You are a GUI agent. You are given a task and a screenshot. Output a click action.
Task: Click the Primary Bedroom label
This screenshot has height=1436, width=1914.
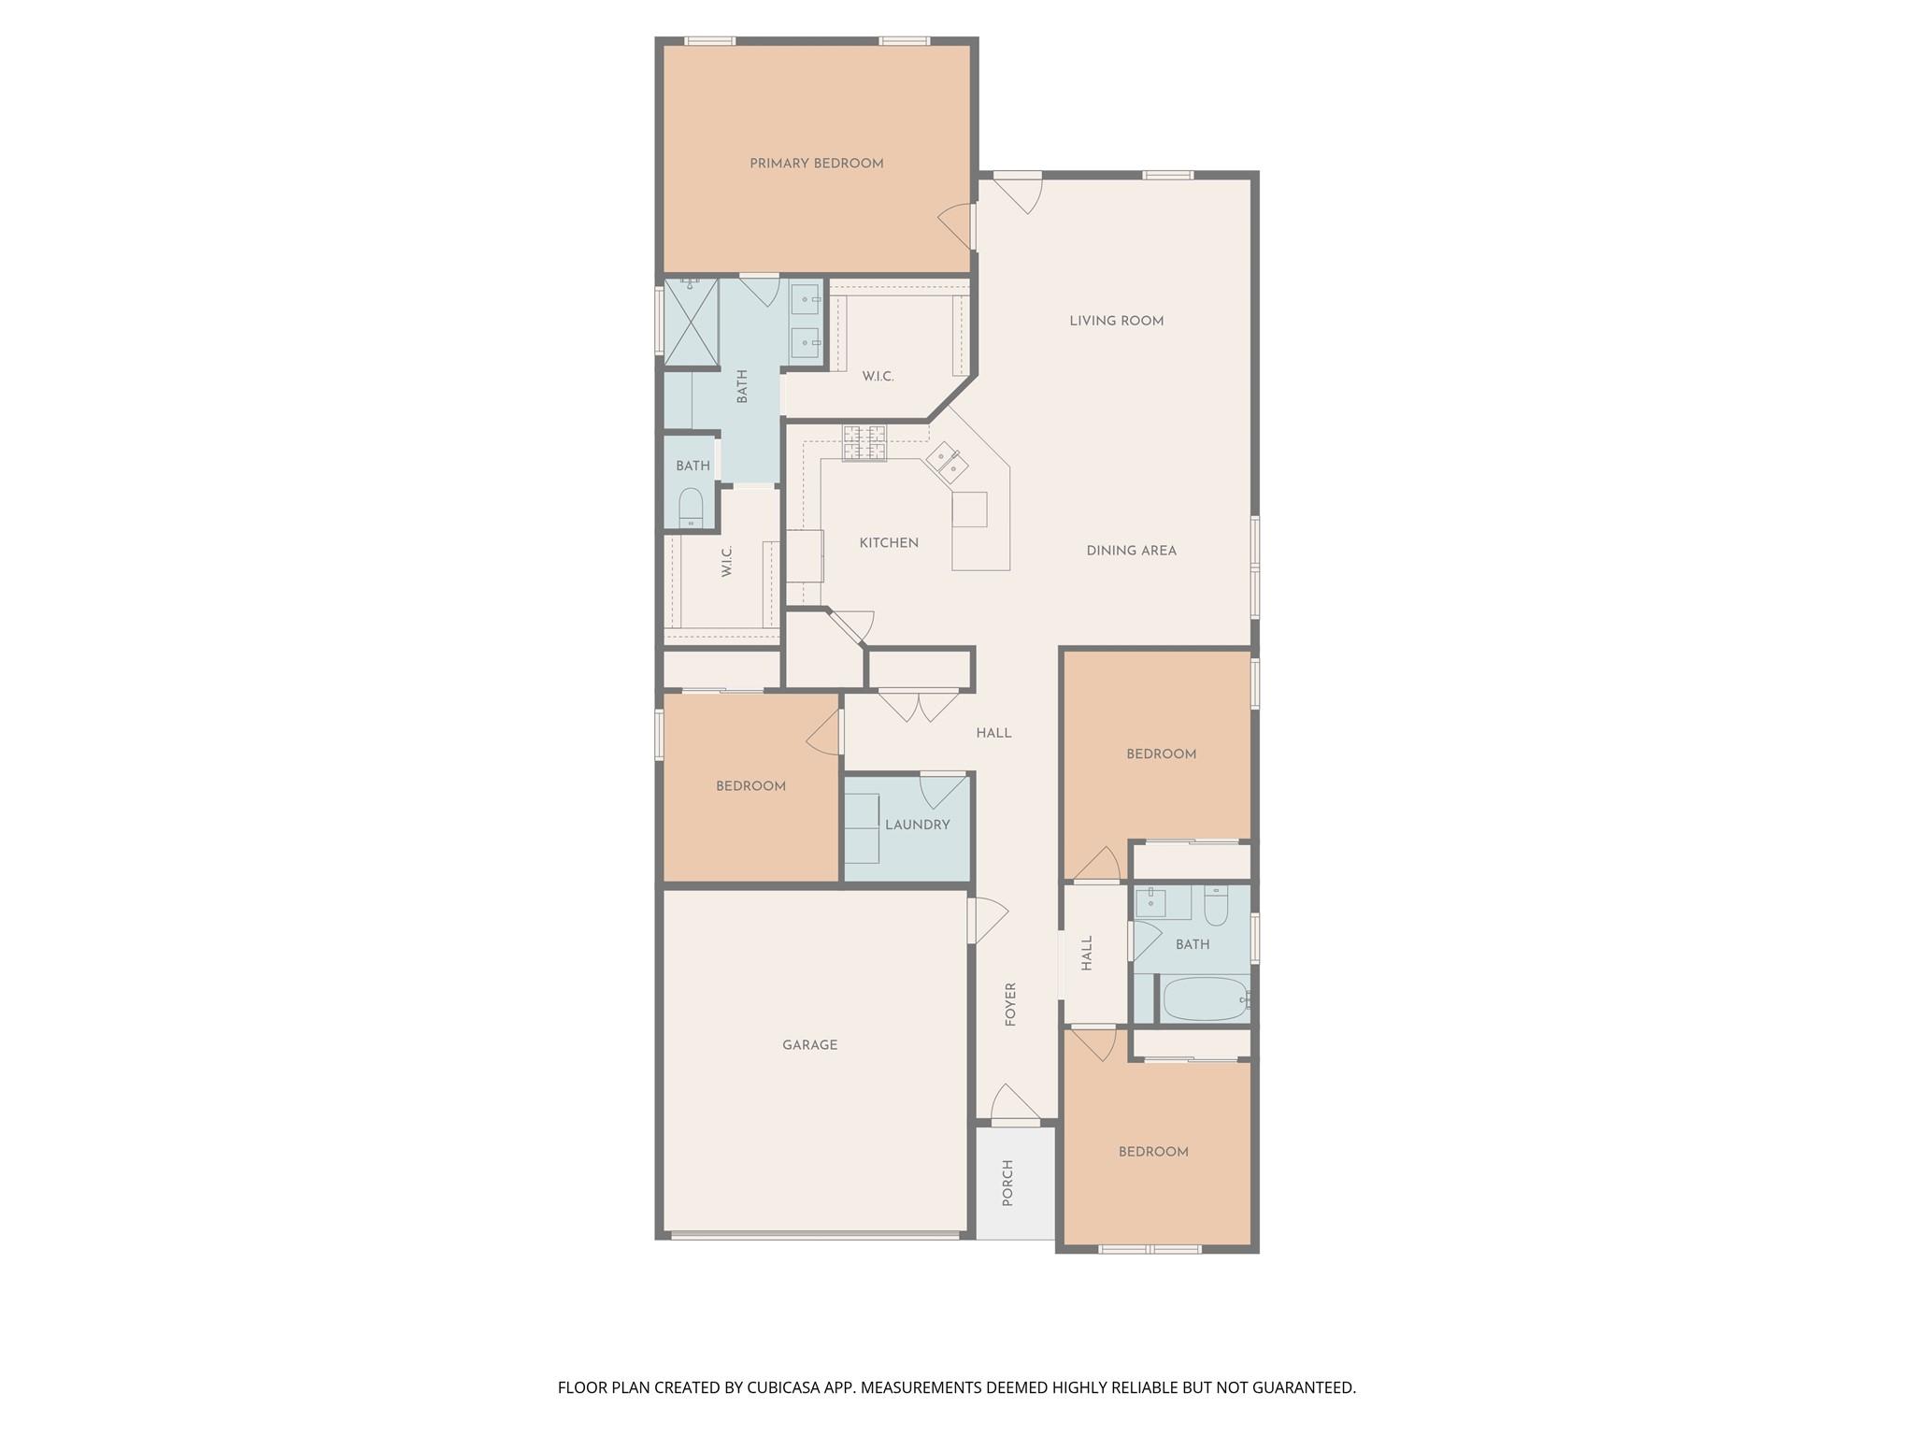pos(816,164)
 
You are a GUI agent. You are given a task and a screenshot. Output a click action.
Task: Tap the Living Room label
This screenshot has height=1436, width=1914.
pos(1117,321)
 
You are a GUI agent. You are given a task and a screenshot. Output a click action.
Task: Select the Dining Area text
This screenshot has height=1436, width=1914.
pos(1131,551)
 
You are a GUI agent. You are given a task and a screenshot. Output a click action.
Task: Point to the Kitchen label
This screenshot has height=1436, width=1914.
pos(889,542)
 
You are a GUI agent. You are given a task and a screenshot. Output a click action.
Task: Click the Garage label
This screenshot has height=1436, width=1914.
pos(809,1044)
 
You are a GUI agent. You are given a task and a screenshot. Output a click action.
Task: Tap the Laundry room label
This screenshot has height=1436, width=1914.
pos(917,825)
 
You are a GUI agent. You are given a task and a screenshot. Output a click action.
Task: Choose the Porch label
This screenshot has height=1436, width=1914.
pos(1007,1183)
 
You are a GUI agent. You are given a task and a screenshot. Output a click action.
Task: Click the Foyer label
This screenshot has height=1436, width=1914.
pos(1010,1005)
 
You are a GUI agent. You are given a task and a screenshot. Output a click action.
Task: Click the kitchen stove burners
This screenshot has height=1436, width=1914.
pos(864,442)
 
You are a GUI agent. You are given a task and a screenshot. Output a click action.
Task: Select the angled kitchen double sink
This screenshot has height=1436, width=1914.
pos(947,461)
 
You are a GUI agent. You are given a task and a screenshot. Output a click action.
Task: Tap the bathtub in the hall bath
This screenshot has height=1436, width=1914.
pos(1205,999)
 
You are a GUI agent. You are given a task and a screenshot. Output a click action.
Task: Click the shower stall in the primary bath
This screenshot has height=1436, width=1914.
pos(691,321)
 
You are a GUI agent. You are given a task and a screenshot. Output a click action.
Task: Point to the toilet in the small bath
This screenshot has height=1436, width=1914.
pos(691,509)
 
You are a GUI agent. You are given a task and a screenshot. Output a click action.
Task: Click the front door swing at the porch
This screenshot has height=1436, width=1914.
pos(1015,1102)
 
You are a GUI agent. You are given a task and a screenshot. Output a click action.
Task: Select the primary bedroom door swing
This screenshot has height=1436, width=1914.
pos(956,227)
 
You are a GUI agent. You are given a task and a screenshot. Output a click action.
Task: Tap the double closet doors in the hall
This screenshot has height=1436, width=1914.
pos(919,706)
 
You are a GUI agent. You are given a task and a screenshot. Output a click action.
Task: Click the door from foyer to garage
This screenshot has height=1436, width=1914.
pos(988,921)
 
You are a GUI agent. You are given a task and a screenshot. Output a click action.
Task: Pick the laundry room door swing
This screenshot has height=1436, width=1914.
pos(943,791)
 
